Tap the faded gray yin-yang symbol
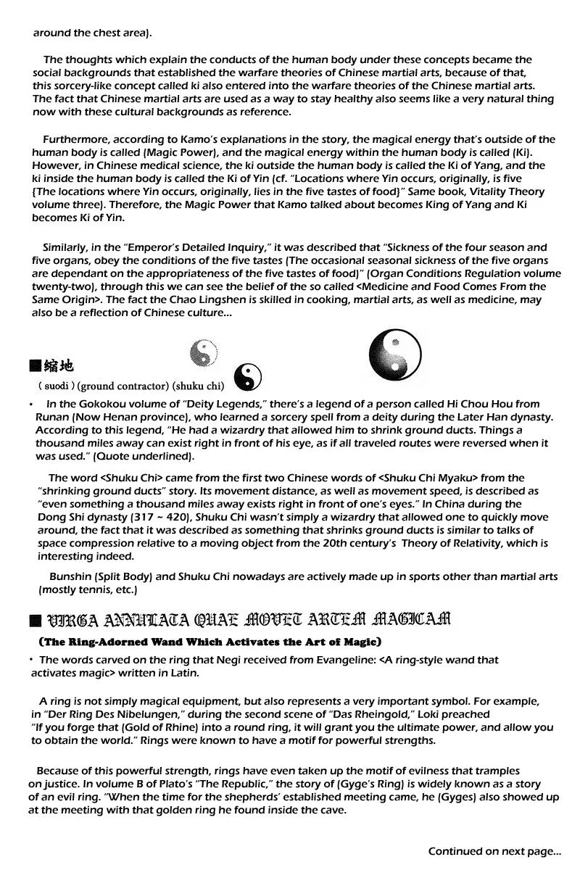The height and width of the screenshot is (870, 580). (x=204, y=353)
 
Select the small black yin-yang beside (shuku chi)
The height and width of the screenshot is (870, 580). (x=249, y=376)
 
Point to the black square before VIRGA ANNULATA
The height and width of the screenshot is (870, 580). (x=35, y=621)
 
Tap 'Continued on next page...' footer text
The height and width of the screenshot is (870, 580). (x=494, y=851)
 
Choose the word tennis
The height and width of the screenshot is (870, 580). (x=90, y=589)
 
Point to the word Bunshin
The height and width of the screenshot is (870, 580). (x=70, y=576)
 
